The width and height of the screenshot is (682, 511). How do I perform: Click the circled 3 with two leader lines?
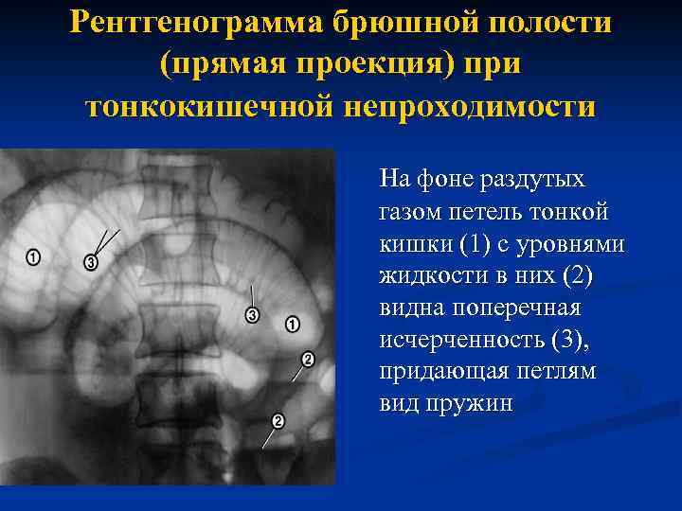pos(91,262)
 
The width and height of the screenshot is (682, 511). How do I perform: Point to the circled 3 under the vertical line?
pos(252,315)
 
